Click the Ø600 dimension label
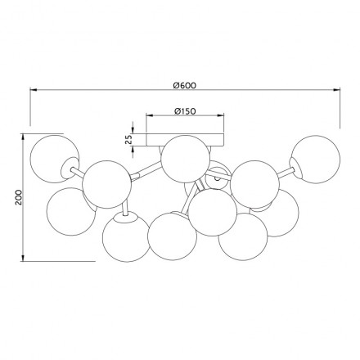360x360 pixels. coord(184,85)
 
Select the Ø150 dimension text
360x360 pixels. coord(185,111)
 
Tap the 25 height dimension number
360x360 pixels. coord(128,139)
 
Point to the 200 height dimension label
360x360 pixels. coord(18,197)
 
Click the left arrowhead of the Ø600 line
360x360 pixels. coord(34,89)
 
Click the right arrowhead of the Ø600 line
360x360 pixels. coord(336,89)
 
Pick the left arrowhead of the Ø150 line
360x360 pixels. coord(150,115)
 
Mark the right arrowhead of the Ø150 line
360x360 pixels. coord(221,115)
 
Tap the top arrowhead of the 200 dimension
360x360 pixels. coord(23,137)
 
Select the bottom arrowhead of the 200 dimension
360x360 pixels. coord(23,258)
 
